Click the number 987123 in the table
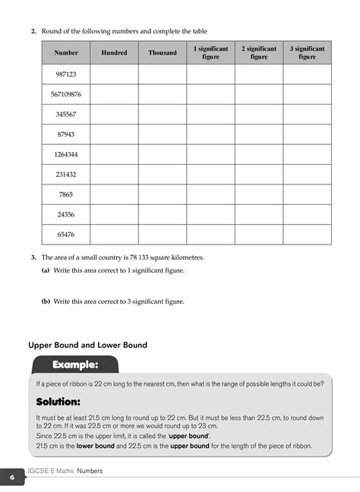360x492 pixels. coord(66,74)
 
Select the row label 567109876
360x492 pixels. coord(66,94)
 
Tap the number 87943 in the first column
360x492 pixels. coord(66,134)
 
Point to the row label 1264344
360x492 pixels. coord(66,154)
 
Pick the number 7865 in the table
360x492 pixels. coord(66,194)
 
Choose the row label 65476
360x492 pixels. coord(66,235)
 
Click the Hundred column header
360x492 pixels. coord(115,53)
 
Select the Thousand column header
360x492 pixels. coord(163,53)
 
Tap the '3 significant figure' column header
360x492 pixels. coord(307,52)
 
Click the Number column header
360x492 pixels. coord(66,53)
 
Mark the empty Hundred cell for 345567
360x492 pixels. coord(115,115)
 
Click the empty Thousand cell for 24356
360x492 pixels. coord(163,215)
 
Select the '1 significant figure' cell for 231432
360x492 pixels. coord(210,175)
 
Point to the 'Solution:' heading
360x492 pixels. coord(58,401)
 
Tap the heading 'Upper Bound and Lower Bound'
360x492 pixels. coord(87,345)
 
